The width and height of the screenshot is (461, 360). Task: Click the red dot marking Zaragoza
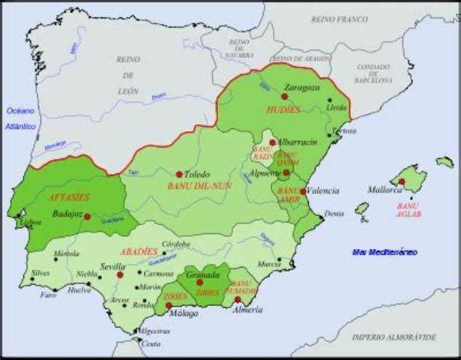[x=284, y=96]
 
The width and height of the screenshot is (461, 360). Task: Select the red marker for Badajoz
[x=88, y=217]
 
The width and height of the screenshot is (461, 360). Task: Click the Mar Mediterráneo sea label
[x=385, y=252]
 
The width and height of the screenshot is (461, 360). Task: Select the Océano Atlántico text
[x=21, y=118]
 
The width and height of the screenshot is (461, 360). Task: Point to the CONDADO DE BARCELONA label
[x=372, y=74]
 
